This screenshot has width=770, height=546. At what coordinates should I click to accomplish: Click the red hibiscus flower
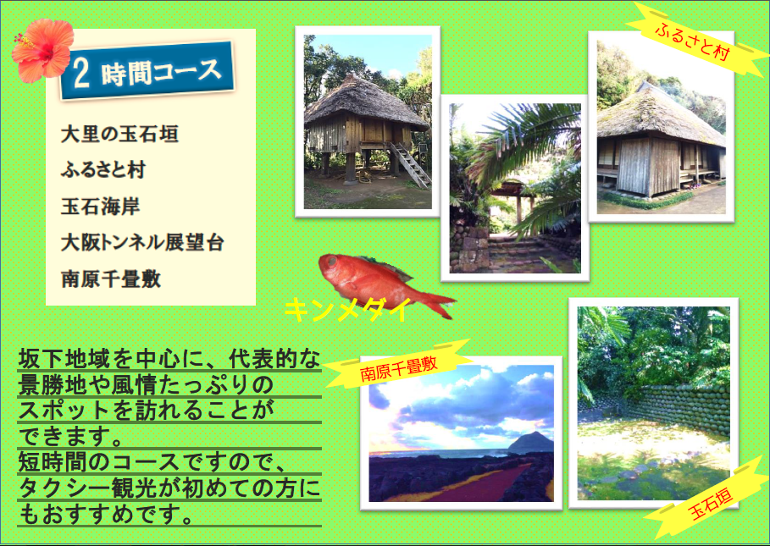coord(43,50)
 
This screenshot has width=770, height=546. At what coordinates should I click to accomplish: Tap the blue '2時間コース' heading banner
coord(147,71)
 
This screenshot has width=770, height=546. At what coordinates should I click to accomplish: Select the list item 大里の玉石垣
coord(119,134)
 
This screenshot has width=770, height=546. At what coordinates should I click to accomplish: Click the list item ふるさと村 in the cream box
coord(103,170)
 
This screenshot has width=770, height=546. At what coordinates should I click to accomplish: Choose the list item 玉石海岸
coord(101,206)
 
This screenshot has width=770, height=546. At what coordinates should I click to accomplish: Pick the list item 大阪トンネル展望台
coord(142,242)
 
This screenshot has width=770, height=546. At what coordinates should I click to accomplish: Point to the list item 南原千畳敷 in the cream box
coord(111,279)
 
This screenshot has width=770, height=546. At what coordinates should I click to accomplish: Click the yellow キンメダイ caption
coord(347,310)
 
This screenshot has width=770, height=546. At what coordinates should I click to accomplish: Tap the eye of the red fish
coord(332,263)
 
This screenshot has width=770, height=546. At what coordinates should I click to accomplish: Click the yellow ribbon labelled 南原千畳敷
coord(398,365)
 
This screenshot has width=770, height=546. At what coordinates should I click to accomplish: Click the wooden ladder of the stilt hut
coord(409,165)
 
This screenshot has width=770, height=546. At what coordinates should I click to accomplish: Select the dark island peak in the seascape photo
coord(531,443)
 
